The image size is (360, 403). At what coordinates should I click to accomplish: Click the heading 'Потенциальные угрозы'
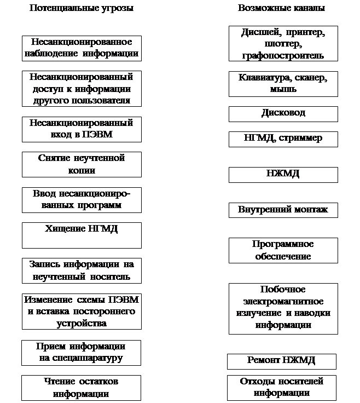click(x=81, y=9)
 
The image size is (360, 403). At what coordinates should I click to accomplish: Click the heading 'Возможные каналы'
click(x=281, y=9)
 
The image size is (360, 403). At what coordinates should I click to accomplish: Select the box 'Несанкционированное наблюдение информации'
click(x=82, y=48)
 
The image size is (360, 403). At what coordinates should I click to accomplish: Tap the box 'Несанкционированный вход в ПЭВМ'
click(x=82, y=129)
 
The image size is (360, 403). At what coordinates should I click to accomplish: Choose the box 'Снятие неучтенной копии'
click(x=82, y=164)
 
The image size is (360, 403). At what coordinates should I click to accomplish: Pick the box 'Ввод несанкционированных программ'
click(x=82, y=200)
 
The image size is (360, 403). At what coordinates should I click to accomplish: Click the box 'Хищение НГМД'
click(x=82, y=235)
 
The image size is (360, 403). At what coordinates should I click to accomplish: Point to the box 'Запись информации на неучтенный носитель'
click(x=82, y=270)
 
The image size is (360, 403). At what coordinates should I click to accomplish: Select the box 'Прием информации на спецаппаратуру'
click(x=81, y=353)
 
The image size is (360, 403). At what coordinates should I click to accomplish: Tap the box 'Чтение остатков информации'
click(x=82, y=388)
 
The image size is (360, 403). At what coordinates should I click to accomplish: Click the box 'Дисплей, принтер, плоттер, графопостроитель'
click(x=283, y=43)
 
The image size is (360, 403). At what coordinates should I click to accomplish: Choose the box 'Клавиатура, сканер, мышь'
click(x=283, y=83)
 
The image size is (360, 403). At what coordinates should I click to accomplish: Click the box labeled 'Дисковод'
click(x=283, y=113)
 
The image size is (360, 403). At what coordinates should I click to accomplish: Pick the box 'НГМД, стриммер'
click(x=283, y=139)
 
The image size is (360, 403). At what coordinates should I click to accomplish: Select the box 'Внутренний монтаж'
click(x=283, y=210)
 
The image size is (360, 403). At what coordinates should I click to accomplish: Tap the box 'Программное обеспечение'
click(x=283, y=250)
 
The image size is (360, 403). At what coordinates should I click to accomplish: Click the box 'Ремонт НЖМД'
click(x=282, y=361)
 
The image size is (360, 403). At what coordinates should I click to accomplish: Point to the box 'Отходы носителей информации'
click(x=282, y=388)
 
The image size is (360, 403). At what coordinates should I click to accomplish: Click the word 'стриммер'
click(x=303, y=138)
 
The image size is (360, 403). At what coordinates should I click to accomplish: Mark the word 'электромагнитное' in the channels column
click(x=283, y=302)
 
